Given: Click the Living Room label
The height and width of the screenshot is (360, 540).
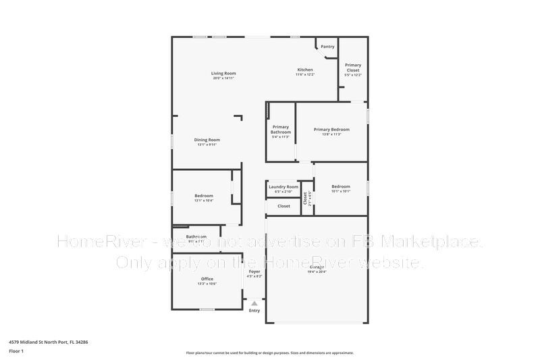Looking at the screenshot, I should coord(223,73).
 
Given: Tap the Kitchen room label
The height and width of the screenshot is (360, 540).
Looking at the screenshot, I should coord(305,70).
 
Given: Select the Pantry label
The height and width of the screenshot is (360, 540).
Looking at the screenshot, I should coord(327,47).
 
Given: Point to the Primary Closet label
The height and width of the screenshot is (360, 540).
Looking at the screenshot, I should coord(353,68).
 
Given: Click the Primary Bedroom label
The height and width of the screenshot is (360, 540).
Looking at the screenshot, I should coord(331,129).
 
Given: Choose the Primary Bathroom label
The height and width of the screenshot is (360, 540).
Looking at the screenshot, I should coord(281,129).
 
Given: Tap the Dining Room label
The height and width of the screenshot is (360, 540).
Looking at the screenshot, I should coord(207,140).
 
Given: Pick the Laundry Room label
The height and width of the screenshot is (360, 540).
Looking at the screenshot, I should coord(283,186).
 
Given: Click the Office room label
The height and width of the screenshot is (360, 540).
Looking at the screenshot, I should coord(207,278).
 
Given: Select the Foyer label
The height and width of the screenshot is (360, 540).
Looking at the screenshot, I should coord(254,271).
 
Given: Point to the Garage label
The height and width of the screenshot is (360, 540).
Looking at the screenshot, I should coord(317,267).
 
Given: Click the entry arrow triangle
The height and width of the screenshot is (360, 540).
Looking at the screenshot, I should coord(254,304).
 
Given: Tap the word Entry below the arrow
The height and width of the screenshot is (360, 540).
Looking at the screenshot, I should coord(254,311).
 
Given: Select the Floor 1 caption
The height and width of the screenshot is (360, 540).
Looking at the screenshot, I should coord(16,351).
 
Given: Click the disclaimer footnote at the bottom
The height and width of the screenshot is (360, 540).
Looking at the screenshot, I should coord(269,353).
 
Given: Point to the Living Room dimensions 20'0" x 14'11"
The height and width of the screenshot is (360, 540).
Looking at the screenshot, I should coord(223,78).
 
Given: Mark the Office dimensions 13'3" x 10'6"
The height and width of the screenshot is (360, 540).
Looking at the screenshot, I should coord(207,284).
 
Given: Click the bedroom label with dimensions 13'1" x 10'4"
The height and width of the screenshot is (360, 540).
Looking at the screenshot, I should coord(204,195).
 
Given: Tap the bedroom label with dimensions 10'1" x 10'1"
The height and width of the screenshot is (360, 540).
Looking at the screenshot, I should coord(341,186).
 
